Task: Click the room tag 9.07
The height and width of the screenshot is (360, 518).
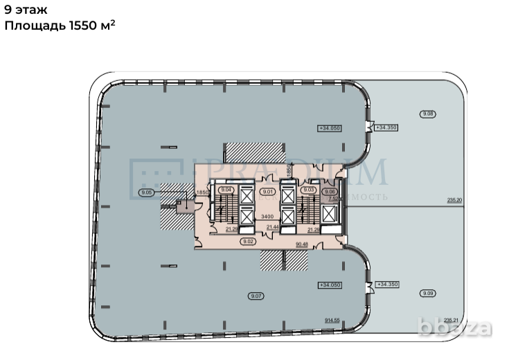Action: (256, 296)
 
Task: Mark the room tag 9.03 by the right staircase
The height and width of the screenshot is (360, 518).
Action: (309, 190)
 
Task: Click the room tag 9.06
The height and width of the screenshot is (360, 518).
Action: (330, 192)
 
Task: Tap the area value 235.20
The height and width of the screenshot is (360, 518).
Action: (454, 200)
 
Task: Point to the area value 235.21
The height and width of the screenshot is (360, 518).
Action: (451, 320)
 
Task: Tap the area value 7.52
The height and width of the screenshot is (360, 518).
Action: (332, 200)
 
